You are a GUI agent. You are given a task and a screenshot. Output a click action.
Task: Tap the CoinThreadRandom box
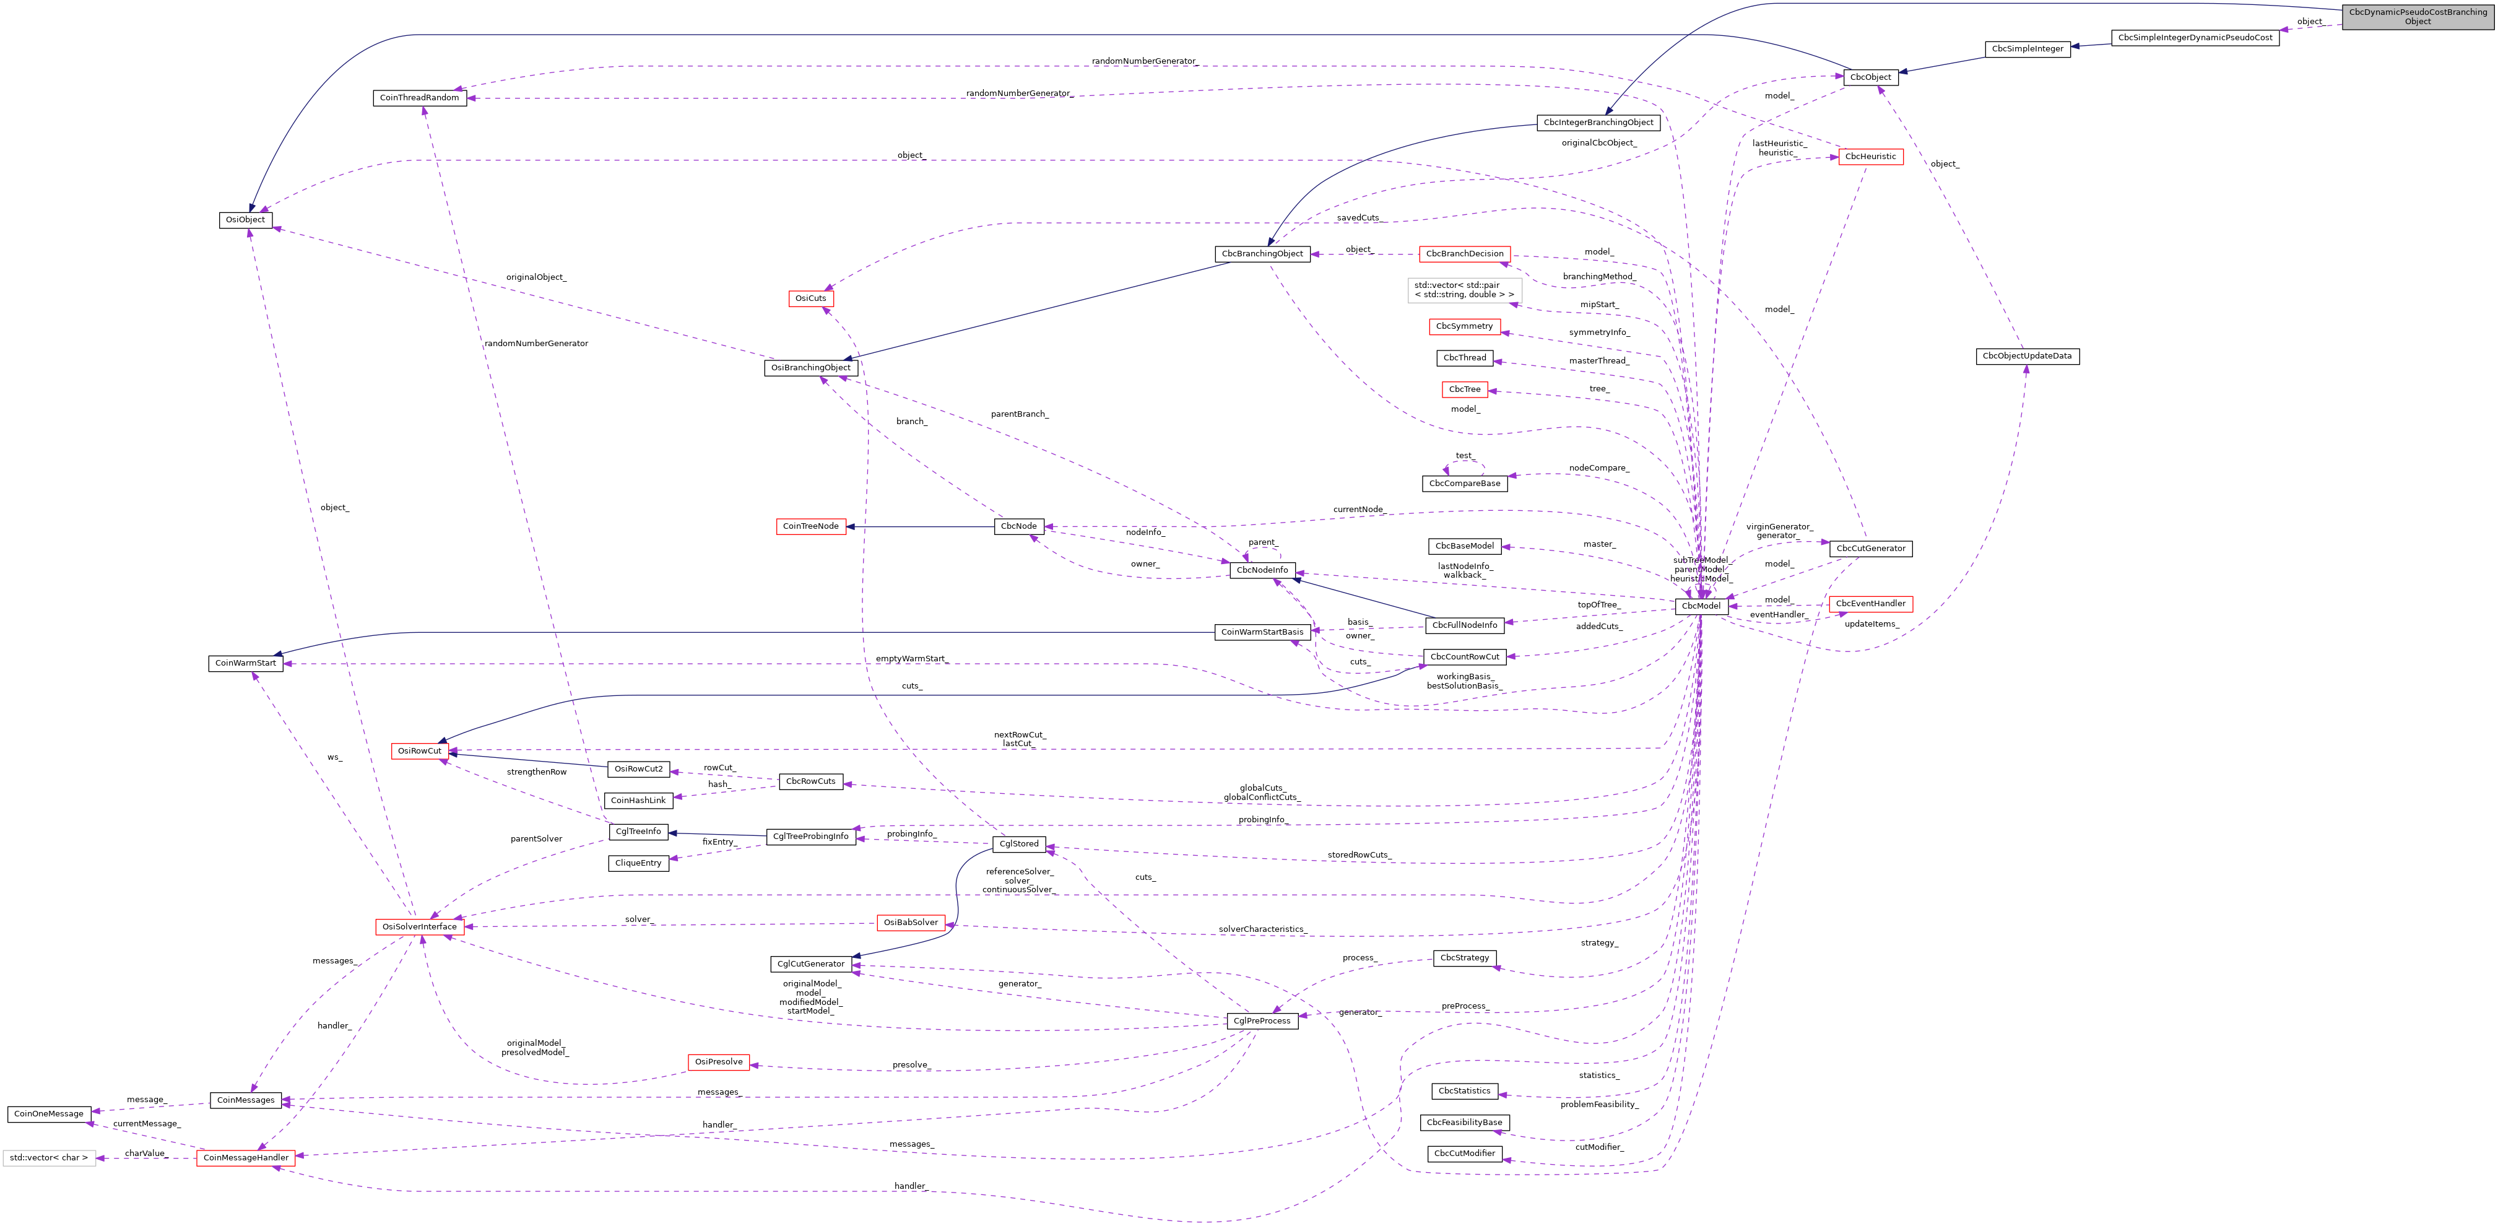[x=419, y=98]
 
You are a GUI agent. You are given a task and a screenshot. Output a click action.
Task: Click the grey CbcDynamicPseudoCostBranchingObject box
[x=2418, y=17]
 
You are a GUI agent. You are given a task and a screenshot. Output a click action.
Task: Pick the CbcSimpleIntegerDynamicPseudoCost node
[x=2195, y=38]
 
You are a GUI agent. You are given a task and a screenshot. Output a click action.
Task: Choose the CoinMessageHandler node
[x=245, y=1158]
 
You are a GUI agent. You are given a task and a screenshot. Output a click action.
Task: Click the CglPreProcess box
[x=1262, y=1021]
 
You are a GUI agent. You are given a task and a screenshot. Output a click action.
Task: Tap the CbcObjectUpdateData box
[x=2027, y=357]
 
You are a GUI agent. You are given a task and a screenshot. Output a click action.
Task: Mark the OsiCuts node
[x=810, y=298]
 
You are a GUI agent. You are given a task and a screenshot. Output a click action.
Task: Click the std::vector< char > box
[x=48, y=1158]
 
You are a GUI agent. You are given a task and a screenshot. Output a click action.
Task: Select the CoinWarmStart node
[x=245, y=663]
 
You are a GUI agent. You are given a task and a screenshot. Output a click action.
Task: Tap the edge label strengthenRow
[x=536, y=772]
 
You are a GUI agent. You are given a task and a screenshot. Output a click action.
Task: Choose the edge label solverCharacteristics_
[x=1262, y=930]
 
